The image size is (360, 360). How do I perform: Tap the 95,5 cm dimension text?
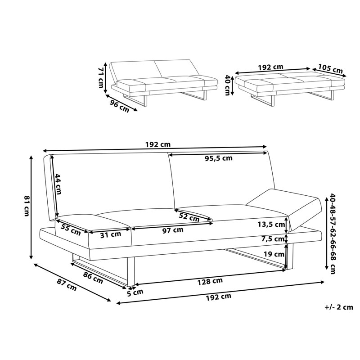[x=219, y=158]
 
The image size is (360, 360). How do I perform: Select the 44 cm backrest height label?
[x=58, y=184]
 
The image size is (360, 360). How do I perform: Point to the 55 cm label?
[x=71, y=230]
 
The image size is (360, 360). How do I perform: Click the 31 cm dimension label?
[x=111, y=234]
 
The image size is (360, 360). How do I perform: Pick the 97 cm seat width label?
[x=173, y=230]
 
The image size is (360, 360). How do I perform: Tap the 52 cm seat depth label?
[x=189, y=217]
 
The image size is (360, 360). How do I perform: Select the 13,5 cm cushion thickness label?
[x=271, y=224]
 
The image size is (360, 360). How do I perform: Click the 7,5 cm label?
[x=273, y=239]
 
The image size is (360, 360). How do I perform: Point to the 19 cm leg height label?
[x=274, y=254]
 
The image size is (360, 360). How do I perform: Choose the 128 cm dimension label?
[x=210, y=281]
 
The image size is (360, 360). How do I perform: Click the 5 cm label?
[x=135, y=292]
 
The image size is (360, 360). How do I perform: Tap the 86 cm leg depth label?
[x=93, y=278]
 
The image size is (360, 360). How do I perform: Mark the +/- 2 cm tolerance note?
[x=339, y=307]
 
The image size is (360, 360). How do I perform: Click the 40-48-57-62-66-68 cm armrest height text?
[x=333, y=234]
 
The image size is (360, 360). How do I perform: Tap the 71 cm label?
[x=101, y=77]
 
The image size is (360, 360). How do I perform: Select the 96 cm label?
[x=119, y=107]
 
